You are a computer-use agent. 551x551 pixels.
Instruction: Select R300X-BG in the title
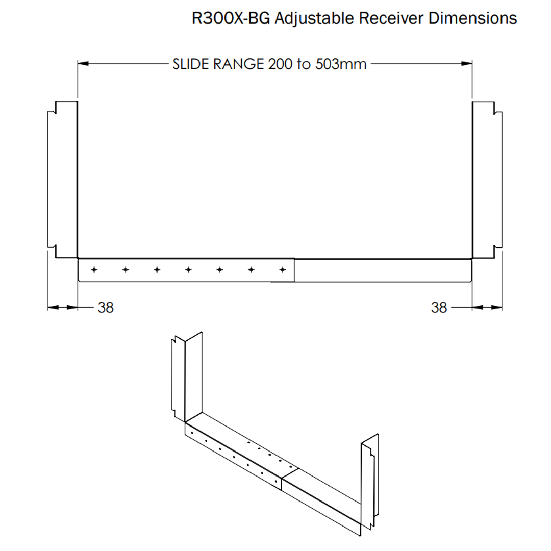click(231, 19)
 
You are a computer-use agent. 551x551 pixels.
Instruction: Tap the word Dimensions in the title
click(472, 19)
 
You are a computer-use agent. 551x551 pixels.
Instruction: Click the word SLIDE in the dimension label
click(190, 64)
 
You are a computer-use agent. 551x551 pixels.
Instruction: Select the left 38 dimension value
click(106, 308)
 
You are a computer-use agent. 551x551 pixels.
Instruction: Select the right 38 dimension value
click(439, 308)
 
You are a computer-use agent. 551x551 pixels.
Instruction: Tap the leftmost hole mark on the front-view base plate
click(94, 269)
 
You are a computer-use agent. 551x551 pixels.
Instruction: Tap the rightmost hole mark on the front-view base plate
click(282, 269)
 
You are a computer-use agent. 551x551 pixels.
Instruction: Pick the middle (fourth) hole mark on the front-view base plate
click(188, 269)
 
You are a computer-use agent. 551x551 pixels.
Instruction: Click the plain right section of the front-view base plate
click(383, 270)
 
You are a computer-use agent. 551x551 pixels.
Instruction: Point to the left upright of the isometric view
click(187, 378)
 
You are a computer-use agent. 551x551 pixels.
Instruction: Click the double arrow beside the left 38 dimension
click(63, 307)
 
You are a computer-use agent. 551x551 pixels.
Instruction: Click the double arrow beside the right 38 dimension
click(487, 307)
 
